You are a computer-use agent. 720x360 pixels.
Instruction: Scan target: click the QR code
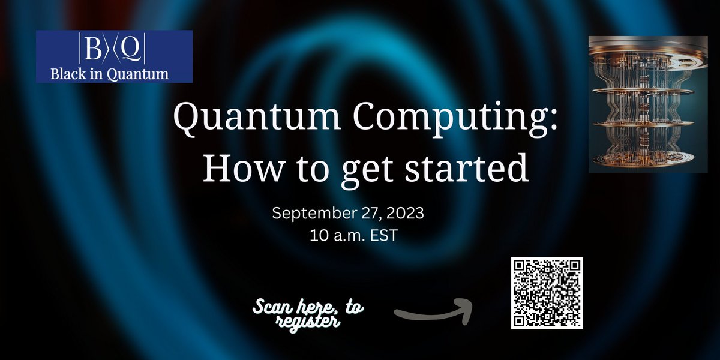pyautogui.click(x=547, y=293)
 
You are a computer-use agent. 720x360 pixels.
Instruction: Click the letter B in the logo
pyautogui.click(x=94, y=51)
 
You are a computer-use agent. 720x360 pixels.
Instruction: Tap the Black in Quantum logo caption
pyautogui.click(x=114, y=73)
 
